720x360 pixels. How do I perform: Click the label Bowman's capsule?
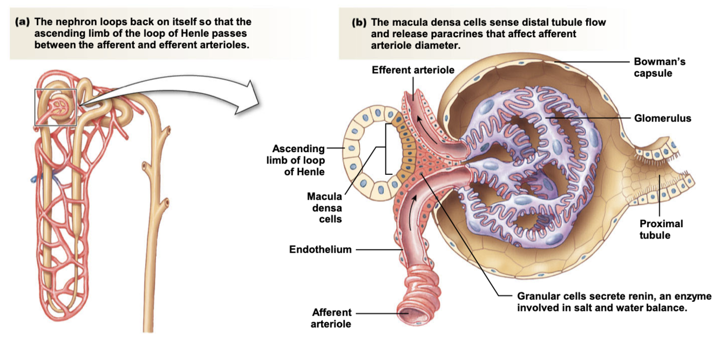[659, 67]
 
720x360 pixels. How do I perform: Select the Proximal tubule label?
[661, 229]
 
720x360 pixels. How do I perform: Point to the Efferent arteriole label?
[413, 70]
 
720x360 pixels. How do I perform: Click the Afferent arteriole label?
[331, 318]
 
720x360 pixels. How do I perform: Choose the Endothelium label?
[320, 249]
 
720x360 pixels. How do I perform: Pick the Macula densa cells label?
[324, 208]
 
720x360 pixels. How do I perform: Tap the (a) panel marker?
[22, 22]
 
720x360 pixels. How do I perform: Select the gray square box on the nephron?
[56, 107]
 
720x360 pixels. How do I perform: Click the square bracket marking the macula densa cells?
[386, 148]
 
